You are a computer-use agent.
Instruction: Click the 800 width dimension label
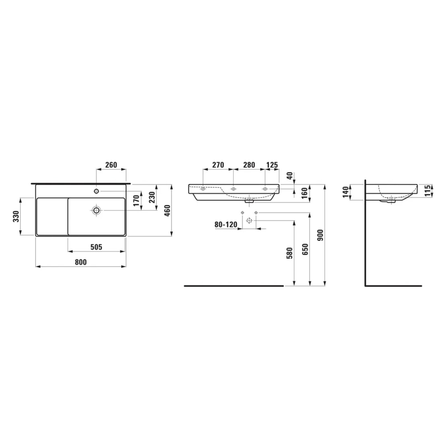coord(81,262)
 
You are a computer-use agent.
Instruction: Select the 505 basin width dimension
coord(96,247)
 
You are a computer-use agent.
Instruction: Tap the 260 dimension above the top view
coord(111,165)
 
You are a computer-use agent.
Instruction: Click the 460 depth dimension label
coord(167,210)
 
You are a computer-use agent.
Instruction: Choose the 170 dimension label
coord(136,200)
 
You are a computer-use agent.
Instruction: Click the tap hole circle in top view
coord(96,191)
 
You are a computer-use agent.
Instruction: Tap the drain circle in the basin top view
coord(96,210)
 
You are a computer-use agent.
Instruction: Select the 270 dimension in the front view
coord(218,165)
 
